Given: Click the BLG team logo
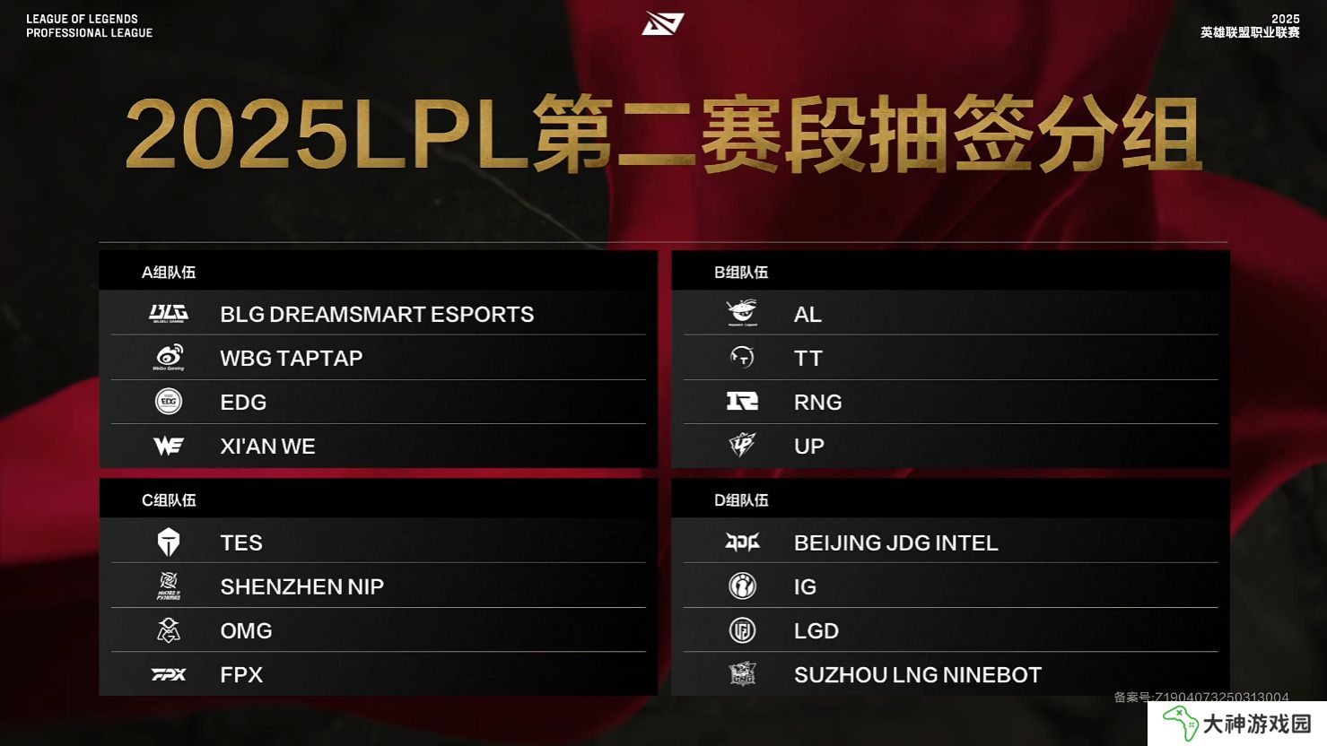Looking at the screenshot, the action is point(169,313).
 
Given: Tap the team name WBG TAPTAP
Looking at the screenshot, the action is point(291,358).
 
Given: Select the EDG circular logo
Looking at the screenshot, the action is point(169,402).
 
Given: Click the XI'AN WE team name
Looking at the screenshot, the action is point(267,446).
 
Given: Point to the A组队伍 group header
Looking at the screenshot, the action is point(169,273).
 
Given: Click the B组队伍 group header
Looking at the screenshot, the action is point(741,273).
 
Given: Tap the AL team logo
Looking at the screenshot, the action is point(742,313).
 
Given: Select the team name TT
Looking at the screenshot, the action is point(808,358).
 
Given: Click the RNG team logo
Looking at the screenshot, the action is point(742,402).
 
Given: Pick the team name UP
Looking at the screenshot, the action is point(808,446).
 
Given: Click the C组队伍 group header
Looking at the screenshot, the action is point(169,500).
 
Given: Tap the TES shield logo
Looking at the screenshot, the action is point(169,542).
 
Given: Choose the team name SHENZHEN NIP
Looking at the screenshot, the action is point(302,586).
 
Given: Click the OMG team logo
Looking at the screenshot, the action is point(169,630).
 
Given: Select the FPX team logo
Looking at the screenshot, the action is point(169,674).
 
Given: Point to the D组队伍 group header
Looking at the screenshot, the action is point(741,500).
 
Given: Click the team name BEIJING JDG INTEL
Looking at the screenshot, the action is point(895,543).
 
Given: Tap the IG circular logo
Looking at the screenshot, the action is point(742,586).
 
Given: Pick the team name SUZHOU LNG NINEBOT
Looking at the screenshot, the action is point(918,675).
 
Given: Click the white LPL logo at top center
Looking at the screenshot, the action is point(663,23).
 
